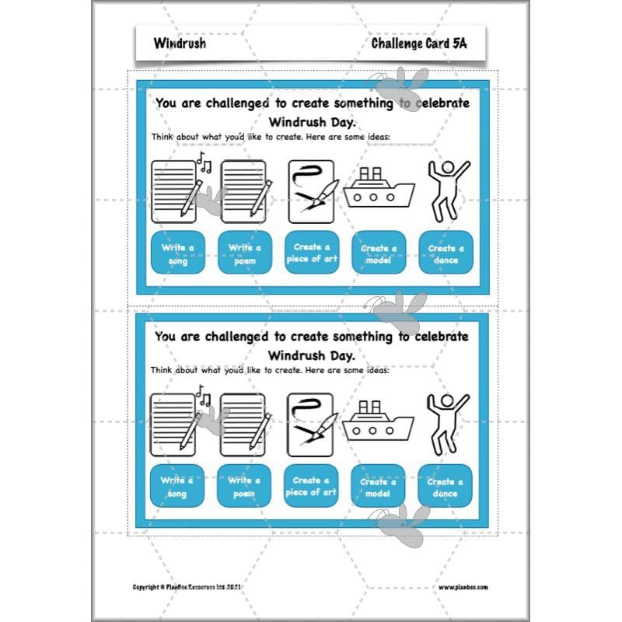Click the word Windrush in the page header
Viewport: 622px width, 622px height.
point(180,44)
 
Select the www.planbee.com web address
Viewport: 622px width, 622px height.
point(462,588)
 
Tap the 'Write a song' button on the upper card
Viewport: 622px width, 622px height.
point(178,253)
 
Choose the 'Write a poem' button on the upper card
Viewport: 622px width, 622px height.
point(245,253)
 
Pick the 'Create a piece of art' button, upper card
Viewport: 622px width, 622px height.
point(312,253)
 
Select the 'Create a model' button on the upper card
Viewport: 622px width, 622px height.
point(379,253)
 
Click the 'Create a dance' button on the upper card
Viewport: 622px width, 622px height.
point(446,253)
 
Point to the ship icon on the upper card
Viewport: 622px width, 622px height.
point(379,188)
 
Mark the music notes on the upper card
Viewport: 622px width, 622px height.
point(204,162)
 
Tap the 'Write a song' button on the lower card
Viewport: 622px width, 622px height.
point(178,486)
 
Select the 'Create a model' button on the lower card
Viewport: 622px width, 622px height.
point(379,486)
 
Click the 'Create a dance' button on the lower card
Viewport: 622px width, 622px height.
point(446,486)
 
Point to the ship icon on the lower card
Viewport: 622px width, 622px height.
point(379,421)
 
